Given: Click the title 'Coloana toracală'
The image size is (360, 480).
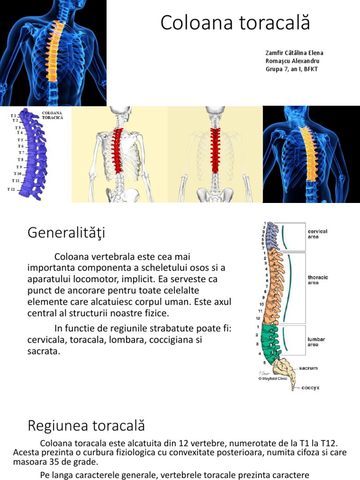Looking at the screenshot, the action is click(235, 22).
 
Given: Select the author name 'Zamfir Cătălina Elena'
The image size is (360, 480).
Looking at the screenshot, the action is click(294, 53).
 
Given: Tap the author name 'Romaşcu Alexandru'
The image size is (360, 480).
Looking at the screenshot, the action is click(293, 61).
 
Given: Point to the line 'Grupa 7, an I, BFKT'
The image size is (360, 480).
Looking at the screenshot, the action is click(294, 69).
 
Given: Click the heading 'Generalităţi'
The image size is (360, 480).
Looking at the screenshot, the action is click(67, 232).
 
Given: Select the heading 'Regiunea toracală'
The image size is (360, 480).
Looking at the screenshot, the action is click(86, 426).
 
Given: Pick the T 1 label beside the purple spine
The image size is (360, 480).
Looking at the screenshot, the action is click(14, 115).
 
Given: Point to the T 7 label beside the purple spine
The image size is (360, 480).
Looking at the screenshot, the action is click(22, 153).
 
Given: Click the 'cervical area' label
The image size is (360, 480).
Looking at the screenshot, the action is click(317, 234).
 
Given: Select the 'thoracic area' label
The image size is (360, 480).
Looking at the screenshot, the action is click(318, 280).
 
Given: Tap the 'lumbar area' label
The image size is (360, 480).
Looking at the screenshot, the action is click(316, 341).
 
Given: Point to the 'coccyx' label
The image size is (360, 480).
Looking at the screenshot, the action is click(310, 388).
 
